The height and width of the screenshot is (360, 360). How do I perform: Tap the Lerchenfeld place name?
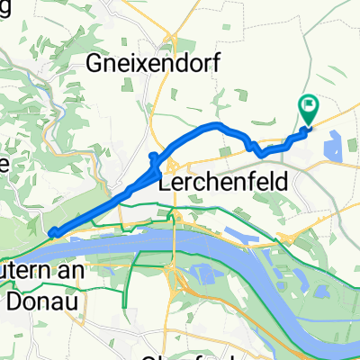tap(224, 182)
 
